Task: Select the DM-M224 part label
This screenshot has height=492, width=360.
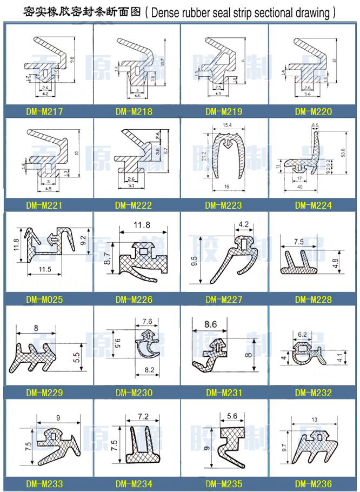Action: [314, 205]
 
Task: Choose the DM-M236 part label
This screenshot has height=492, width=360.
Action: [314, 484]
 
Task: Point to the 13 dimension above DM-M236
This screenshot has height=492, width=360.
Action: [314, 420]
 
